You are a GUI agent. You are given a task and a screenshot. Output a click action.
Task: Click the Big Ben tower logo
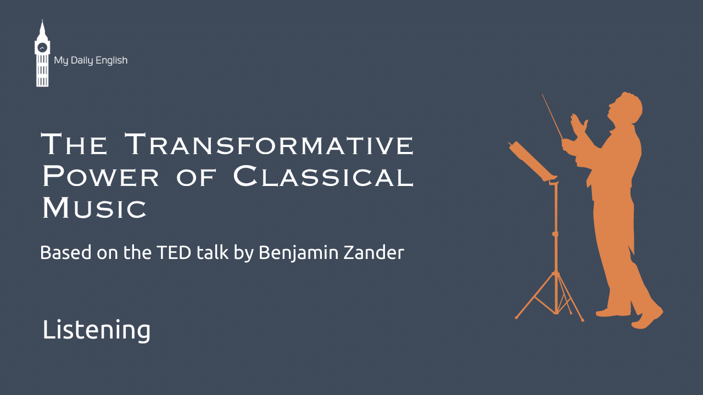point(42,53)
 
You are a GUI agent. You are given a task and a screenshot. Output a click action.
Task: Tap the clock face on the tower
point(42,48)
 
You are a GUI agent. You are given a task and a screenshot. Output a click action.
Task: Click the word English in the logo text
point(111,60)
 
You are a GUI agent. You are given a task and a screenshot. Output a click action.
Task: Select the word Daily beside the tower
point(82,60)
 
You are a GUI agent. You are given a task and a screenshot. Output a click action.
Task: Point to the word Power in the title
point(101,176)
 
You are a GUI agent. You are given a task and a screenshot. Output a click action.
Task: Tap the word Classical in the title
point(323,176)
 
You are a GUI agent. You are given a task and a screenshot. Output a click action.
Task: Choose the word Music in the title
point(94,207)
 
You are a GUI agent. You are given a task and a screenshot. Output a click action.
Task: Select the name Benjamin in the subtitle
point(299,253)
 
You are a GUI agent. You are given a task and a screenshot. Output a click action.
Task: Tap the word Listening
point(96,330)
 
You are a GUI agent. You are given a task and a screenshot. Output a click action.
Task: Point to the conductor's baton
point(553,117)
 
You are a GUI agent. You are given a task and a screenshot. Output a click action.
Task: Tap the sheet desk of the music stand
point(531,161)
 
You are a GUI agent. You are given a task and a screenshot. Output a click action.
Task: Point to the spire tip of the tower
point(42,20)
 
